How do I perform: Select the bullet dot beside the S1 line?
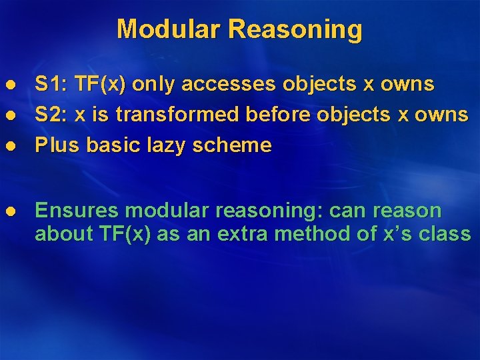tap(10, 85)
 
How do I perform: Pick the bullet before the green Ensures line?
tap(10, 211)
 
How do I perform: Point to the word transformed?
tap(178, 115)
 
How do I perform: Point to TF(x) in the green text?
tap(109, 234)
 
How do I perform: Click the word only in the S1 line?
tap(154, 84)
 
